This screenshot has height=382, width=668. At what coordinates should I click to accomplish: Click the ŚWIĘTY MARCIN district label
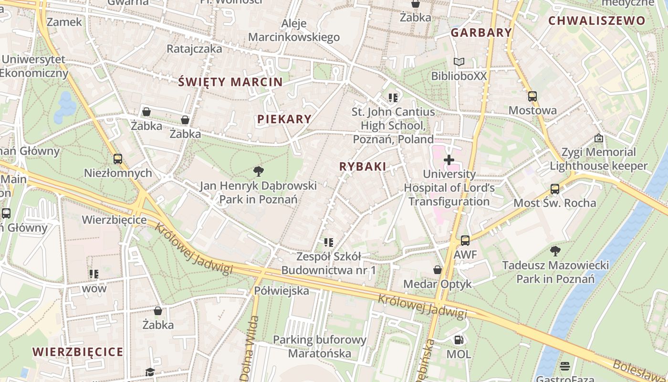[230, 82]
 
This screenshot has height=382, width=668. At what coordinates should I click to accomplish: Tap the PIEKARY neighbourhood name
[284, 119]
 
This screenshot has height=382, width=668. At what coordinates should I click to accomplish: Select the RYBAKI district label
[363, 167]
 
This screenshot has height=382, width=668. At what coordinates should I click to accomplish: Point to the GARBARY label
[481, 33]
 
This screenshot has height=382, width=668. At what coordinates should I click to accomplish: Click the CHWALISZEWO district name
[596, 21]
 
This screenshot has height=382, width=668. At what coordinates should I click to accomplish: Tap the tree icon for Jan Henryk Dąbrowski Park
[259, 171]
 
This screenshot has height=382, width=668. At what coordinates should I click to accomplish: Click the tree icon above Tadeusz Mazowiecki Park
[555, 250]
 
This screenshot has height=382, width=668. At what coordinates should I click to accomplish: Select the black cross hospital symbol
[449, 160]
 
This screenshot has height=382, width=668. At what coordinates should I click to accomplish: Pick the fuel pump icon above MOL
[459, 340]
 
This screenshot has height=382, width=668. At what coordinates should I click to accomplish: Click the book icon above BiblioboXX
[459, 62]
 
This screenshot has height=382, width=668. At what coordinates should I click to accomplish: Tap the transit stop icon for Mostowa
[532, 96]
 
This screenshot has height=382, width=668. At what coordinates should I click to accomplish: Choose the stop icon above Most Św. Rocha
[554, 189]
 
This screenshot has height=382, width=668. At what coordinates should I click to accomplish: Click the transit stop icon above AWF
[465, 241]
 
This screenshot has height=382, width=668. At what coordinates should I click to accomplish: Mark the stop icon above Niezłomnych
[117, 159]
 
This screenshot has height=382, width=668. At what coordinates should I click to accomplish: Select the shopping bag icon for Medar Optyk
[438, 270]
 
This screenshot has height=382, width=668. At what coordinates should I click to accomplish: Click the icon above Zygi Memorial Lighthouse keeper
[598, 138]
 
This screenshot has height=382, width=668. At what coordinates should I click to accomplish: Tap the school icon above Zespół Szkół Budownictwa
[328, 243]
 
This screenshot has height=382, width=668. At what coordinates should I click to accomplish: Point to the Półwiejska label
[282, 290]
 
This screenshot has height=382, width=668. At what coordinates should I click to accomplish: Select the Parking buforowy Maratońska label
[320, 347]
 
